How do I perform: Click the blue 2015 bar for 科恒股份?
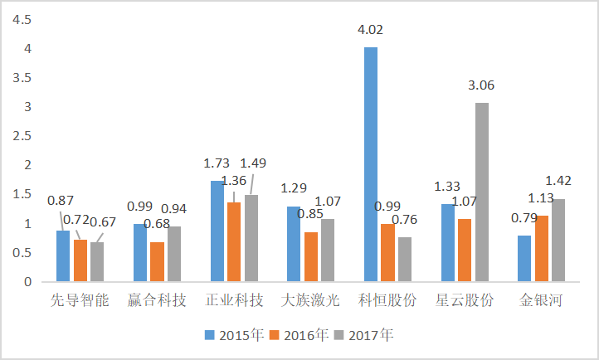(370, 164)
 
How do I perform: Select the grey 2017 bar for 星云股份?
(481, 192)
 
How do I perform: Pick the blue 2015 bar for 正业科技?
(217, 231)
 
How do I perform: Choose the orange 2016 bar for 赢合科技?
(157, 262)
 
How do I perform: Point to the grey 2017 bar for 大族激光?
(328, 251)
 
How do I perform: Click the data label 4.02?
(370, 30)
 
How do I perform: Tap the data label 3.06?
(482, 85)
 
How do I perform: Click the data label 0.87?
(61, 201)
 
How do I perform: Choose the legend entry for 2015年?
(236, 335)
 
